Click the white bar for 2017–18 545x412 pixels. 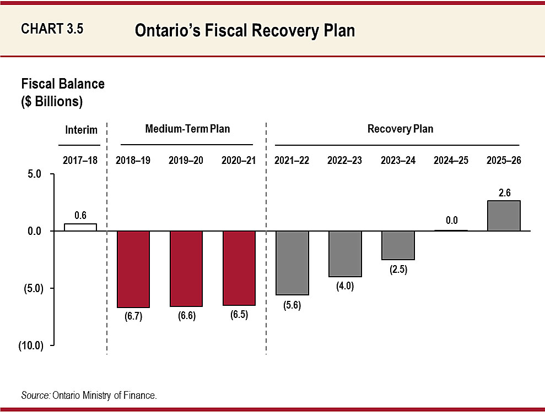click(80, 227)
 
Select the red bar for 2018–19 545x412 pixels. click(133, 269)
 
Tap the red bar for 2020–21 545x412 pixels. click(239, 268)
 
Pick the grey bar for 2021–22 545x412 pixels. click(292, 263)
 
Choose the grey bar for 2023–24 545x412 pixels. click(398, 245)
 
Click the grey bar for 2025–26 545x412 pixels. click(504, 216)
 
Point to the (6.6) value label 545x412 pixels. click(187, 316)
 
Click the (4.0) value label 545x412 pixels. click(345, 286)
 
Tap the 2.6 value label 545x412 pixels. click(504, 193)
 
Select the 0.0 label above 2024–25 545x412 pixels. click(451, 220)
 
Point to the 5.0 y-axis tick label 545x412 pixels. click(34, 174)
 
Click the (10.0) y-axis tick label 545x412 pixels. click(31, 345)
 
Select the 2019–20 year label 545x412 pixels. click(186, 161)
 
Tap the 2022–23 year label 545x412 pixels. click(344, 161)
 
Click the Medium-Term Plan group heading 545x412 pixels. click(188, 129)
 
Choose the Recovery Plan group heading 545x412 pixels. click(401, 129)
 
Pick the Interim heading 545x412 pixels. click(82, 130)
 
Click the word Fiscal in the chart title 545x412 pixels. click(225, 30)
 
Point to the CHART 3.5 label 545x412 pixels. click(52, 29)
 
